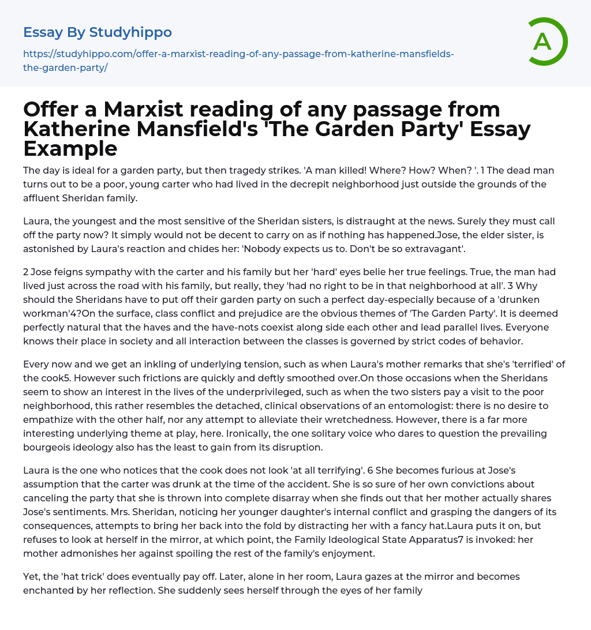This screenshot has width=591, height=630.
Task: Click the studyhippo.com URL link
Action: [238, 61]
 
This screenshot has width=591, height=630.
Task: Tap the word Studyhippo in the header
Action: [130, 32]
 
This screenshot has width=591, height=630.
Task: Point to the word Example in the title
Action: [70, 148]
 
